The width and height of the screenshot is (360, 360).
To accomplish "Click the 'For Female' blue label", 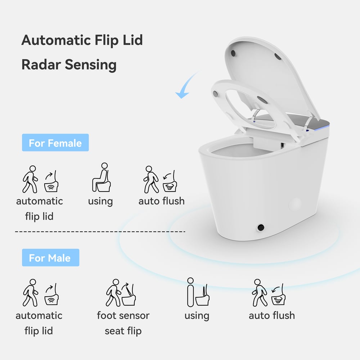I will point(55,143).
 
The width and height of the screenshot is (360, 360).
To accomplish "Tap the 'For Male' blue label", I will point(50,258).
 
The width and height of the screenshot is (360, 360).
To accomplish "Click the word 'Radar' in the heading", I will point(41,65).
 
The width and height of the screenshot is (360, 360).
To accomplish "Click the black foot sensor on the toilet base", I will point(260,228).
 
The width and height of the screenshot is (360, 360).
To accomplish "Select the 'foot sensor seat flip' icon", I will point(122,293).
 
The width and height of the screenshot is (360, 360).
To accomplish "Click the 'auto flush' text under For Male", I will point(272,315).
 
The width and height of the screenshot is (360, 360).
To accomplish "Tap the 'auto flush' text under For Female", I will point(162,201).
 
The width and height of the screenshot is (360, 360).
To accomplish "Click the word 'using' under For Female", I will point(100,201).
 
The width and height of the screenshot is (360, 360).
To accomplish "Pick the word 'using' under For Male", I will point(197,315).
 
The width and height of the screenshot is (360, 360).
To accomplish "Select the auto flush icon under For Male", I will point(271,293).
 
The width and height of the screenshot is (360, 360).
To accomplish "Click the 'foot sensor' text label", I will point(123,315).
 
